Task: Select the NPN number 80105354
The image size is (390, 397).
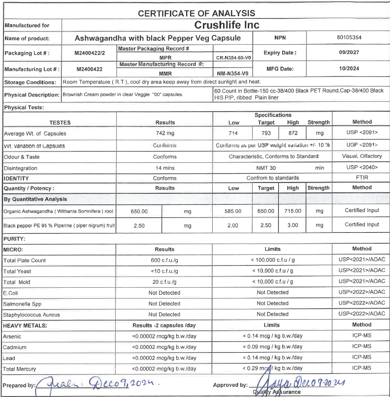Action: point(348,37)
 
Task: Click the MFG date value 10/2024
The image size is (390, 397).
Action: point(348,69)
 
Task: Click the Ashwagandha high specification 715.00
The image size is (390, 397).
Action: point(292,211)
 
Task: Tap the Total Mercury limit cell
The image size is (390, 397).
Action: point(272,368)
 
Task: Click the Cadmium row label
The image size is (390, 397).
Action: point(15,347)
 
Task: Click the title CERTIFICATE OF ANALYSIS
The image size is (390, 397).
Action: point(196,13)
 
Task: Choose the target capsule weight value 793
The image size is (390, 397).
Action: point(266,133)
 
